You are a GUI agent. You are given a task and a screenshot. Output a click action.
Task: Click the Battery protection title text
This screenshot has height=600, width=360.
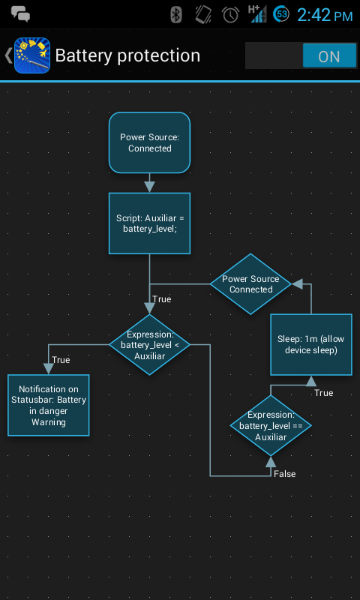point(127,56)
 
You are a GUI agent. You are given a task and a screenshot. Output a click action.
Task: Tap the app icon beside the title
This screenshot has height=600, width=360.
point(32,55)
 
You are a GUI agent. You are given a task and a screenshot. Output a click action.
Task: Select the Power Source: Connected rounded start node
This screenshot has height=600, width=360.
point(149,142)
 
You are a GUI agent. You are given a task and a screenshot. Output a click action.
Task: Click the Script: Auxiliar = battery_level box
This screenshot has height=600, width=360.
point(149,223)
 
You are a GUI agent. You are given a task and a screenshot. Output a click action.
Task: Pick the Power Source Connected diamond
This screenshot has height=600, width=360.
point(250,283)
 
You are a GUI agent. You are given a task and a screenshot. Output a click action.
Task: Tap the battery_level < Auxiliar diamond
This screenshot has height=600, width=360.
point(149,345)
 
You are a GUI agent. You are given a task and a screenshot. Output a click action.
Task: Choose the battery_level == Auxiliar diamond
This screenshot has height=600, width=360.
point(270,425)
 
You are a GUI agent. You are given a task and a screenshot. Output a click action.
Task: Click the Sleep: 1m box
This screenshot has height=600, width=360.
point(310,344)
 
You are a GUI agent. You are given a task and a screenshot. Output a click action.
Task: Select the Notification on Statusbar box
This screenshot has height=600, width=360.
point(49,405)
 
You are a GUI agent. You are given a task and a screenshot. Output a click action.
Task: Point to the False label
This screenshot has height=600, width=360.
point(284,474)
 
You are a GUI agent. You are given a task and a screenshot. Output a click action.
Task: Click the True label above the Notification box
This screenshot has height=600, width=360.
point(61,360)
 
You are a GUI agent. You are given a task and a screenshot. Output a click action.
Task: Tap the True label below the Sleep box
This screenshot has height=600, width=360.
point(323,393)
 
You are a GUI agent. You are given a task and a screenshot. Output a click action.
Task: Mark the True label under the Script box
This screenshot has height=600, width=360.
point(161,299)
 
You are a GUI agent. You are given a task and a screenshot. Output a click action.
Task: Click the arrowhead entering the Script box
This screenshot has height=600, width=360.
point(149,186)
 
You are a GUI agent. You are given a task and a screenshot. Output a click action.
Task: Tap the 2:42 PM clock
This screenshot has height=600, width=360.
point(325,15)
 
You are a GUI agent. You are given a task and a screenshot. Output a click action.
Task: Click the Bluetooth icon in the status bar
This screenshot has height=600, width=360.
point(176,14)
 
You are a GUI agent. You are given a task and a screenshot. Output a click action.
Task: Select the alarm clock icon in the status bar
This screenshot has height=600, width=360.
point(230,14)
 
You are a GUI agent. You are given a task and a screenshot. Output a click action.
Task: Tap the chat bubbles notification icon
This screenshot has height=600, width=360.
point(20,13)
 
